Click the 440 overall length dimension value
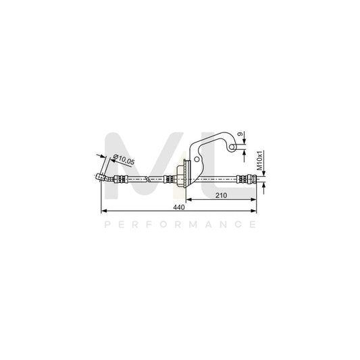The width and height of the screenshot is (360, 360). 179,207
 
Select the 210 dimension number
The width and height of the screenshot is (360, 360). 221,195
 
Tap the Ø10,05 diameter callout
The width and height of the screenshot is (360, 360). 124,159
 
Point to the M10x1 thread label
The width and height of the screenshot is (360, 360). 259,161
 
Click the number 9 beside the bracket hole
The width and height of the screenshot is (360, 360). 240,134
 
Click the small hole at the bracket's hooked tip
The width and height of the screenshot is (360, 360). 232,147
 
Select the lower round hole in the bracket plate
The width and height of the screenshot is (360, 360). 197,159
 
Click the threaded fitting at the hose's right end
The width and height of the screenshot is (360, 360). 247,179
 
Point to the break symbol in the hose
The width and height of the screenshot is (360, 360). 148,179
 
